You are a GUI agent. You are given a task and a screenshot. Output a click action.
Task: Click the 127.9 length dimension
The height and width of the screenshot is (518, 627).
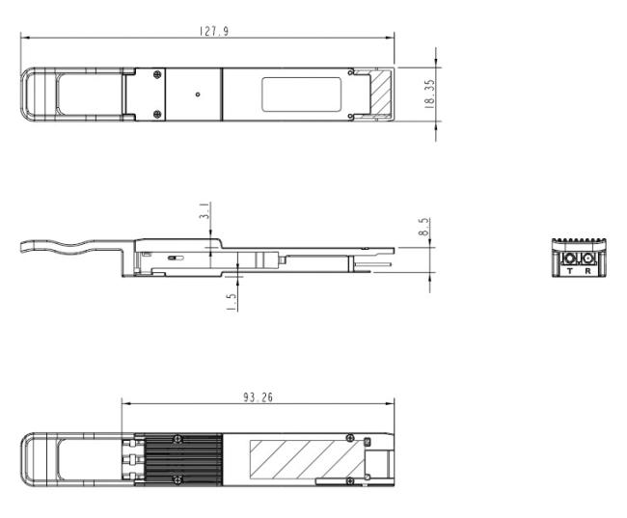click(214, 31)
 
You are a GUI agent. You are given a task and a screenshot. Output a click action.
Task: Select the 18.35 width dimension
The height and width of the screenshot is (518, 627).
click(429, 95)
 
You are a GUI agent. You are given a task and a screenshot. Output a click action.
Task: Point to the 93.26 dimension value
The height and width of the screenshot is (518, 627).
click(258, 397)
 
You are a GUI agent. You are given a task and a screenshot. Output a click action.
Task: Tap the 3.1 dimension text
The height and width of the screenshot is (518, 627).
click(204, 211)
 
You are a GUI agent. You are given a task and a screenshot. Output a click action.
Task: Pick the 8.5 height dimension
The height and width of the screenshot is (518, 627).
click(423, 227)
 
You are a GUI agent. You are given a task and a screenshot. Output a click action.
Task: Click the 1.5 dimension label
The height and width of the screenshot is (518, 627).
click(232, 302)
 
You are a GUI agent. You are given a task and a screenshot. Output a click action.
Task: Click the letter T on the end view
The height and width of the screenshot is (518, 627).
click(569, 271)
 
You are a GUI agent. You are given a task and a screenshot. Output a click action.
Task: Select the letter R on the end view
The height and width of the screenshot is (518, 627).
click(587, 271)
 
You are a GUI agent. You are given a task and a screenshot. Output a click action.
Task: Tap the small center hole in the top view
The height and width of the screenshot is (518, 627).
click(198, 95)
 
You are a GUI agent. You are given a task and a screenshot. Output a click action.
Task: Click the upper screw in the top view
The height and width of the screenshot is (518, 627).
click(157, 74)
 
